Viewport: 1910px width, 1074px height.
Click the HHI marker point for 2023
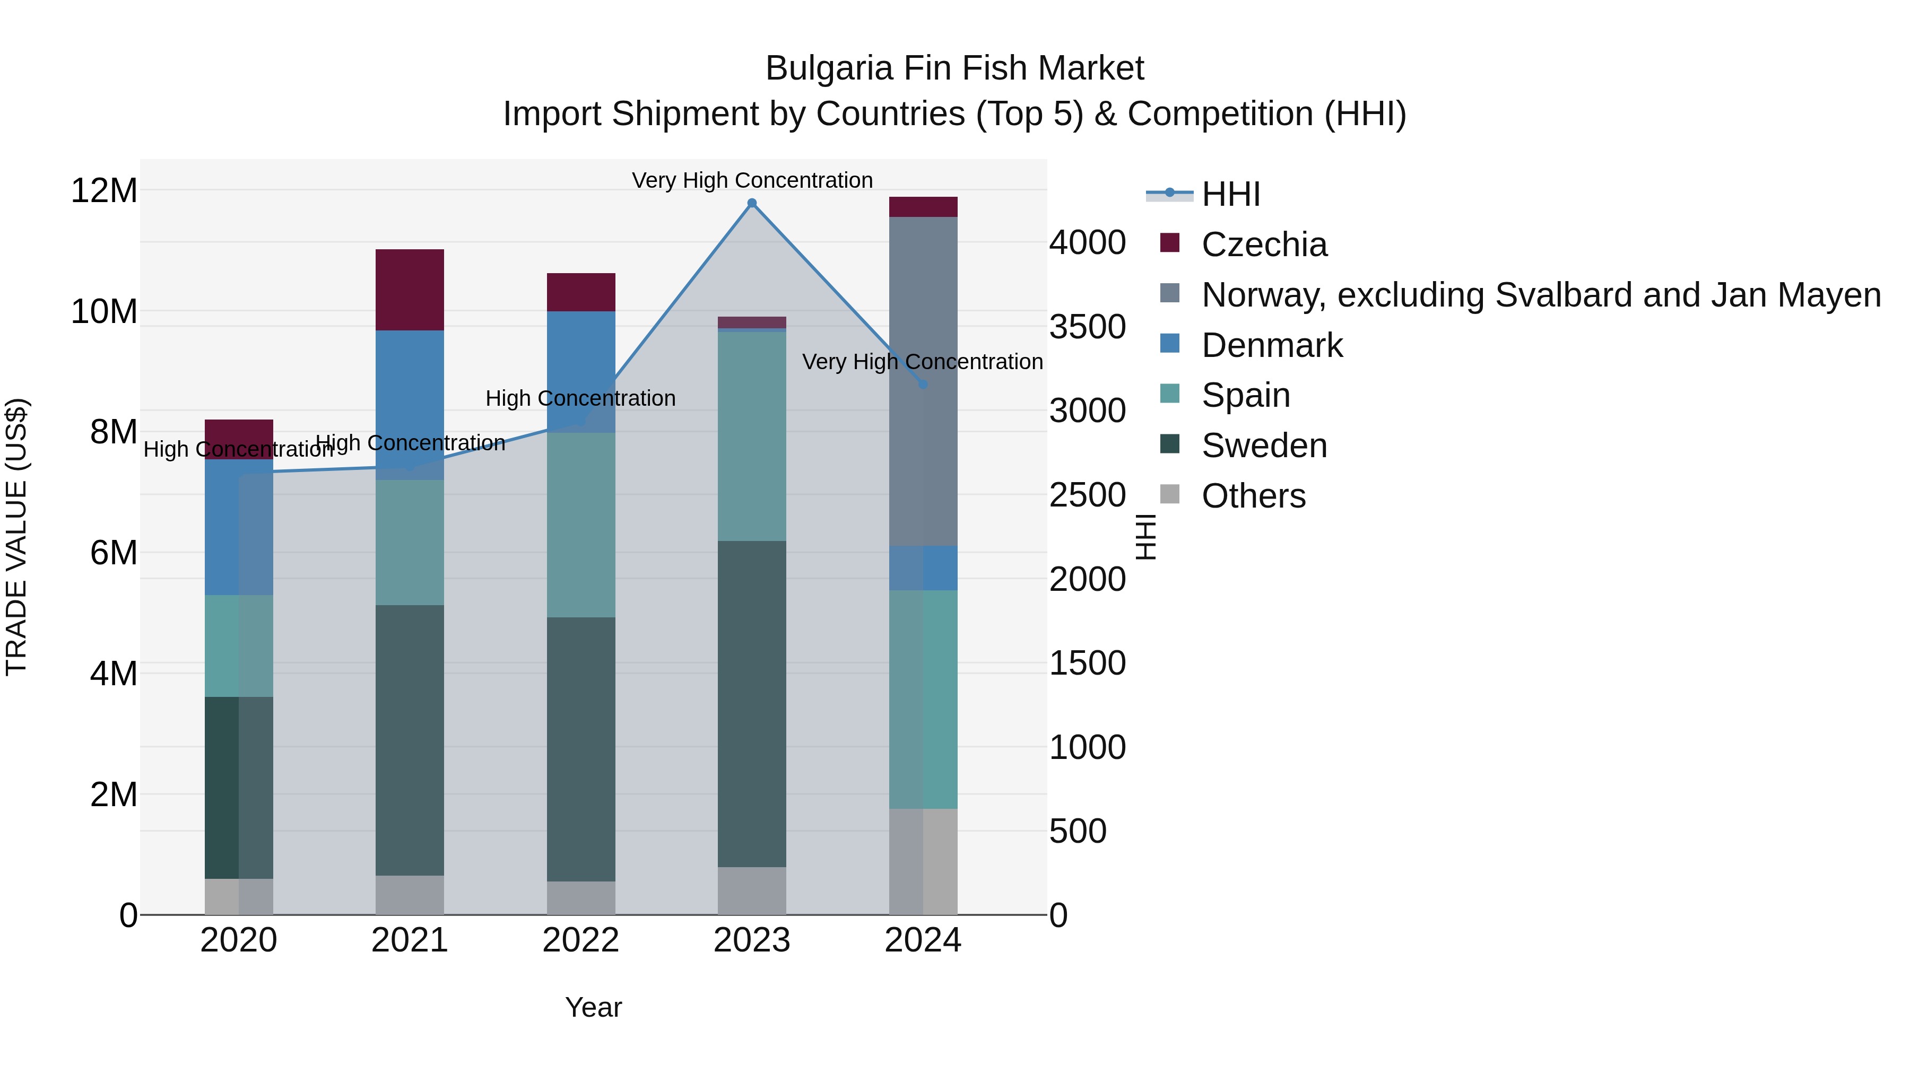tap(752, 203)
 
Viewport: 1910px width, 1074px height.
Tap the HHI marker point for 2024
tap(923, 384)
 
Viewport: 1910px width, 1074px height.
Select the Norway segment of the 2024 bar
tap(923, 311)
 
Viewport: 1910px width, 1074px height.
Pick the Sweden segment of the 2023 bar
tap(752, 704)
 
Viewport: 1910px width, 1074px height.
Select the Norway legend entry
tap(1541, 295)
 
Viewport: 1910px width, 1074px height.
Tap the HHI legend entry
tap(1231, 194)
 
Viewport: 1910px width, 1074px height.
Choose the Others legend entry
tap(1253, 496)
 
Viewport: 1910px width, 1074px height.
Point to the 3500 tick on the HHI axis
tap(1087, 327)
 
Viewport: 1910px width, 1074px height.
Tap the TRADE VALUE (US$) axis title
tap(16, 537)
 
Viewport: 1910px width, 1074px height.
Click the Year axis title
tap(593, 1007)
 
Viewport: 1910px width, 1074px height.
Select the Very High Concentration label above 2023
tap(752, 180)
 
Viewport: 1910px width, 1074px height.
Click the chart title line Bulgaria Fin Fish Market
tap(954, 68)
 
